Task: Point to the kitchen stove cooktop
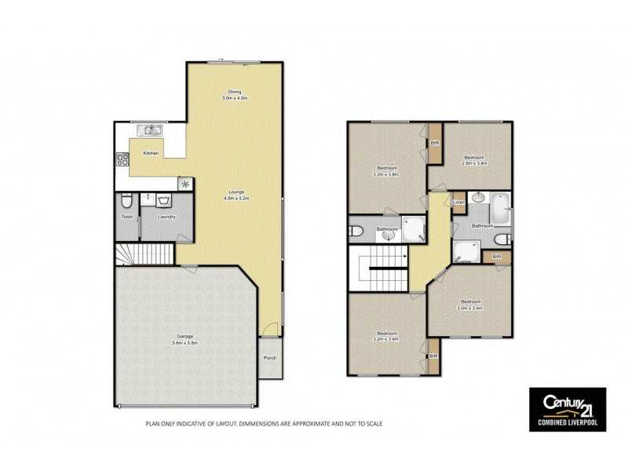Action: pos(123,160)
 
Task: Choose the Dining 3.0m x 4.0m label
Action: pos(234,95)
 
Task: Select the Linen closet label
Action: pos(459,203)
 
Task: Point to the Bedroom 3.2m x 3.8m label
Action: pos(387,172)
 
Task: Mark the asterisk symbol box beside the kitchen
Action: pos(185,184)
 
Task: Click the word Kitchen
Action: pos(151,153)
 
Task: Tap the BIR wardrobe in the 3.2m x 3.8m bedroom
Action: pos(434,144)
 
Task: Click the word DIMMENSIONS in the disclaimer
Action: pos(253,425)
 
